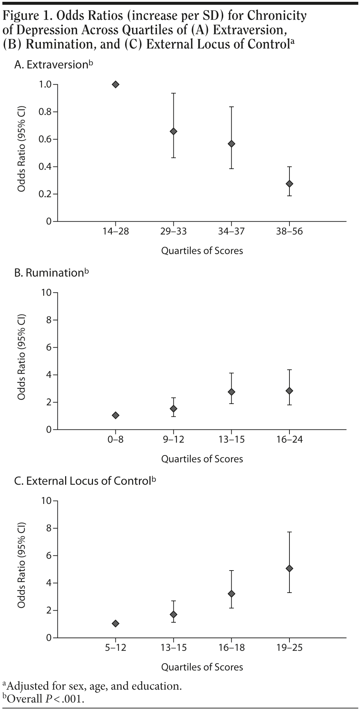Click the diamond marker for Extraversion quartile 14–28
pos(116,84)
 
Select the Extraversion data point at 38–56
pos(289,184)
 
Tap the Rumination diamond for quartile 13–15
pos(231,392)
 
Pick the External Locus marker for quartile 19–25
pos(289,568)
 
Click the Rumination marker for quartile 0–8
pos(116,415)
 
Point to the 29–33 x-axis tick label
pos(173,231)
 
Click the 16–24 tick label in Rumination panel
pos(289,439)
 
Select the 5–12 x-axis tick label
pos(116,648)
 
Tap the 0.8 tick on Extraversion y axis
pos(46,112)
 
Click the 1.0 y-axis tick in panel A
pos(46,84)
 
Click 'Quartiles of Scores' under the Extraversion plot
pos(202,251)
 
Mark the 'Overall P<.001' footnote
pos(45,698)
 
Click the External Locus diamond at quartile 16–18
pos(231,594)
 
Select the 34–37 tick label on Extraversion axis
pos(231,231)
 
